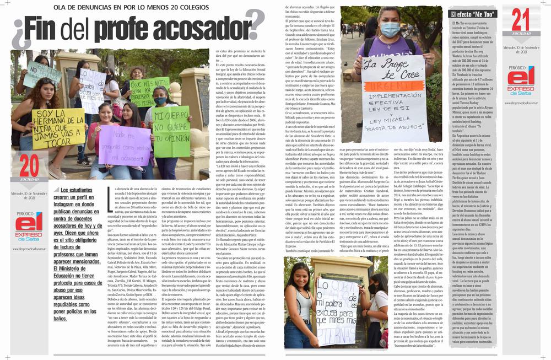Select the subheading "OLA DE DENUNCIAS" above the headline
(104, 7)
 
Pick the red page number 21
(521, 20)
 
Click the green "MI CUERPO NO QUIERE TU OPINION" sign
(172, 131)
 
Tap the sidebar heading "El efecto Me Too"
(472, 14)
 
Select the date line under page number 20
(30, 195)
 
